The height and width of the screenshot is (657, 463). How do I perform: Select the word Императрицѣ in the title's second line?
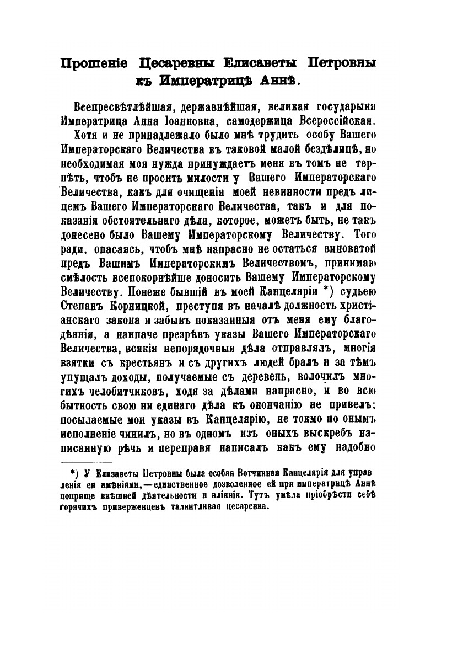(212, 81)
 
